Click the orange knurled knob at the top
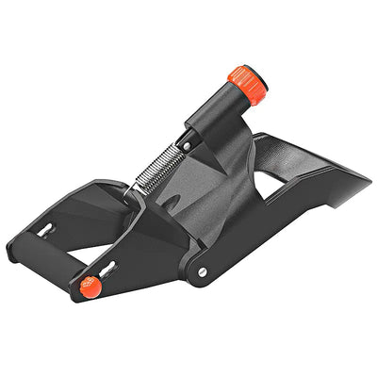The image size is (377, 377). point(248,85)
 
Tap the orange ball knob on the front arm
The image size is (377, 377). point(90,286)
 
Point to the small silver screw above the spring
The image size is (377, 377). point(187,146)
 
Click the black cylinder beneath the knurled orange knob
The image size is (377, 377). point(221,111)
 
